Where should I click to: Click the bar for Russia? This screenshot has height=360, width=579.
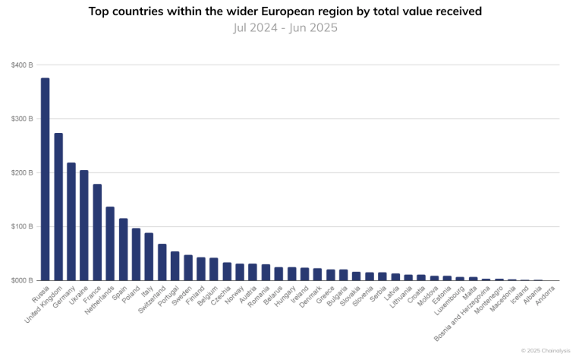[x=45, y=179]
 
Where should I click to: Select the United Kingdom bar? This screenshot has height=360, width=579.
[x=58, y=207]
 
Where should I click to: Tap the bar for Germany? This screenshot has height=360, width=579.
[x=71, y=222]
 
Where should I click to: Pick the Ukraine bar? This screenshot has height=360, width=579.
[x=84, y=226]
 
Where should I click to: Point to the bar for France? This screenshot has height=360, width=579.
[x=97, y=232]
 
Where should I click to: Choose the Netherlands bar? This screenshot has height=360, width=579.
[x=110, y=244]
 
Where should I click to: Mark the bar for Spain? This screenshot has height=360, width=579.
[x=123, y=250]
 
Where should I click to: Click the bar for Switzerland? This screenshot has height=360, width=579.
[x=162, y=262]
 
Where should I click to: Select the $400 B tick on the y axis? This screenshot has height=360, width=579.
[x=22, y=65]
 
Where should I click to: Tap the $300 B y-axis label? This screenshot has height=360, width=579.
[x=22, y=119]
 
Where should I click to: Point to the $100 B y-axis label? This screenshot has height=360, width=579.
[x=22, y=227]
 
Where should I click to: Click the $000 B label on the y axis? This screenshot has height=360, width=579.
[x=22, y=281]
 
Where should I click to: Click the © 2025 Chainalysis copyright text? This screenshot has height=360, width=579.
[x=545, y=350]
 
